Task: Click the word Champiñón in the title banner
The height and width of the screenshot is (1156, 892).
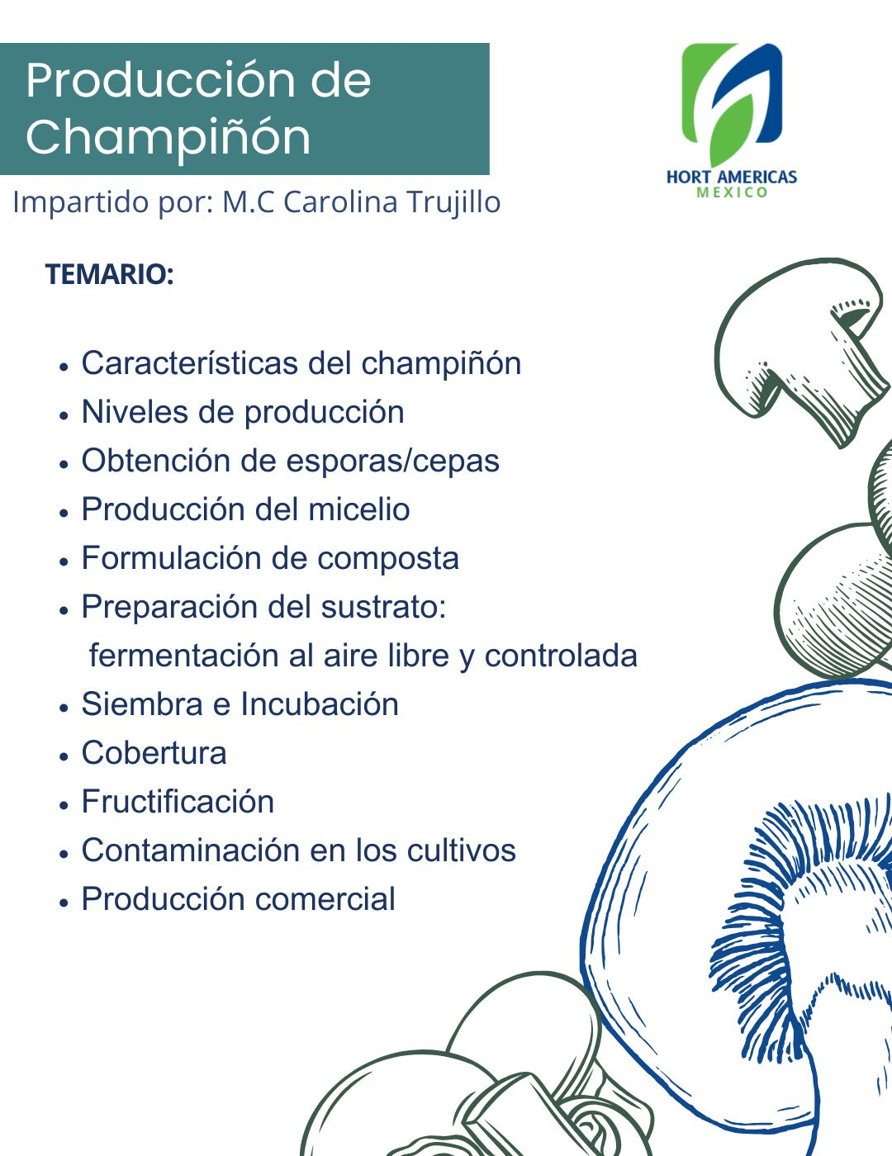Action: pyautogui.click(x=168, y=136)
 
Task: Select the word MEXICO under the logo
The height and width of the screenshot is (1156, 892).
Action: pyautogui.click(x=732, y=192)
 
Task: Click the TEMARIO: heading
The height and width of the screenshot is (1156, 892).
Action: pyautogui.click(x=109, y=274)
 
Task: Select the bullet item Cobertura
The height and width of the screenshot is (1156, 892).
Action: pyautogui.click(x=154, y=753)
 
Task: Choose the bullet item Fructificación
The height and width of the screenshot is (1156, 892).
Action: pyautogui.click(x=178, y=802)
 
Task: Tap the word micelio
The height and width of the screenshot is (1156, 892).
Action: pyautogui.click(x=358, y=509)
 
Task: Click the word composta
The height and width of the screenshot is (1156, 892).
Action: pyautogui.click(x=388, y=558)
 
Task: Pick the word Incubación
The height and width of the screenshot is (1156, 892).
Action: pyautogui.click(x=320, y=704)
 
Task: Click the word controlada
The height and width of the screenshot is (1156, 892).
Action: pyautogui.click(x=561, y=656)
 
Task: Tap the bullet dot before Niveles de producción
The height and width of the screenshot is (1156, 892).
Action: pyautogui.click(x=64, y=415)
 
